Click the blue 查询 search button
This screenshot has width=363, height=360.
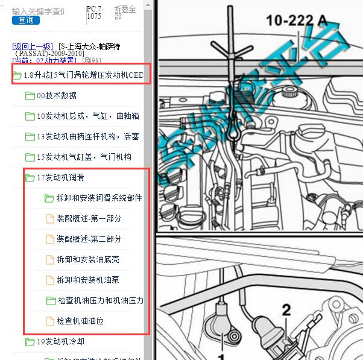[x=26, y=20]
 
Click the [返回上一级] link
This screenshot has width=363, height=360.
[x=33, y=46]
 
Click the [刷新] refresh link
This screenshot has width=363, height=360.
[x=92, y=60]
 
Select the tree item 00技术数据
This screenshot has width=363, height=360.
[x=56, y=95]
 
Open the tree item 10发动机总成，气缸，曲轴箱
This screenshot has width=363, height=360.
[x=87, y=116]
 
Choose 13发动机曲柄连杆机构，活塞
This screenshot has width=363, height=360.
[x=87, y=136]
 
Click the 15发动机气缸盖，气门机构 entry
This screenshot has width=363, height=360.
[x=84, y=157]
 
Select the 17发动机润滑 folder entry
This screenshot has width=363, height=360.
[x=60, y=177]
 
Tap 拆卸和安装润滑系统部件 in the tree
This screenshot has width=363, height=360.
[x=99, y=198]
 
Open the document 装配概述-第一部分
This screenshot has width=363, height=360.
[x=89, y=218]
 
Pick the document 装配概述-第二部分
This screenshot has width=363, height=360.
[x=89, y=239]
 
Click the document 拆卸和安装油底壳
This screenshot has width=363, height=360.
[x=87, y=259]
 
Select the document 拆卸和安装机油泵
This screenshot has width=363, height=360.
[x=87, y=280]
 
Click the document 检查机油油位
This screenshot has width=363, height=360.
[x=80, y=321]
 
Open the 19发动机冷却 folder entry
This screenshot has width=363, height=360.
[x=60, y=341]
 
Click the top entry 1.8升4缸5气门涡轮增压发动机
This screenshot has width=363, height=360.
[x=83, y=75]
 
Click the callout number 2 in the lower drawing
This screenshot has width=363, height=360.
[x=286, y=310]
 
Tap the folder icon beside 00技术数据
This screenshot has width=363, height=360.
[x=30, y=95]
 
